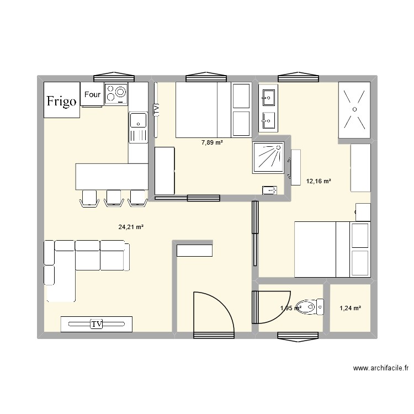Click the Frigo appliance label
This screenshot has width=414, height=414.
coord(61,101)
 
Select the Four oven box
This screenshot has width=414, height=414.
coord(92,94)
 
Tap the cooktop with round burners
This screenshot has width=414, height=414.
coord(116,94)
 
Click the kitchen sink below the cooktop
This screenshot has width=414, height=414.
coord(138,120)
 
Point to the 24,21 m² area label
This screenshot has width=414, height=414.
coord(131,226)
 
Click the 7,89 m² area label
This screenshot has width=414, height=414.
coord(212,142)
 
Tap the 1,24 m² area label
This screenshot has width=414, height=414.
coord(350,308)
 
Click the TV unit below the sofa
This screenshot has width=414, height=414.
coord(97,324)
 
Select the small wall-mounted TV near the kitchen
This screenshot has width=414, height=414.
coord(156,109)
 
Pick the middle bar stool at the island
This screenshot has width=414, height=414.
coord(113,198)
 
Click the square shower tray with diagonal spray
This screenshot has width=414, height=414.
coord(268,157)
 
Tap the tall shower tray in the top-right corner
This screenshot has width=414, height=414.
coord(353,110)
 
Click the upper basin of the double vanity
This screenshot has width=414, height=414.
coord(268,98)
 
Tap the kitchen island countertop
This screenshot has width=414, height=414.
coord(112,177)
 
